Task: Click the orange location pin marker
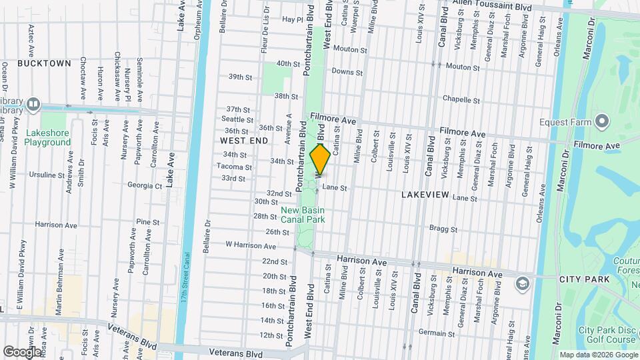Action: (320, 159)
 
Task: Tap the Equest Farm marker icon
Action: (602, 121)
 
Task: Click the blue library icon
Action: (33, 105)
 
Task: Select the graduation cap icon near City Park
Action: (522, 284)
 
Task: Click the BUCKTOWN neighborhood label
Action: (44, 63)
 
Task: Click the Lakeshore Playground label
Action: (48, 137)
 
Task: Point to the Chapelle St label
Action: (462, 100)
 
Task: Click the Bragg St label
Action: (444, 229)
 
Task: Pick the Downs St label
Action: (347, 72)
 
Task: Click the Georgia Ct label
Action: (145, 186)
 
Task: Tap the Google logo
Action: (22, 351)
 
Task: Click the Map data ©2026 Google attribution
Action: (598, 355)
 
